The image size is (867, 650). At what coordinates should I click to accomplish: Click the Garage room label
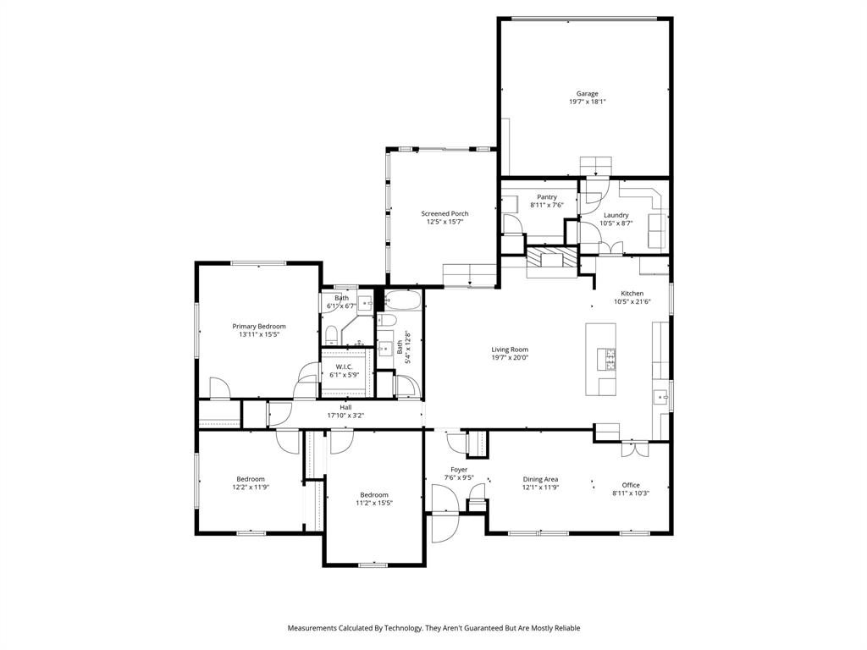587,94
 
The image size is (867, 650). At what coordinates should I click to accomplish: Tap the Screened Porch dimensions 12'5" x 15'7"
445,222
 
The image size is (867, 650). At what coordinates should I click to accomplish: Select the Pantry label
546,196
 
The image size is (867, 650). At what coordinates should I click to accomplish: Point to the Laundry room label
616,215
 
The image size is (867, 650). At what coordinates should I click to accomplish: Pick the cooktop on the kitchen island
607,360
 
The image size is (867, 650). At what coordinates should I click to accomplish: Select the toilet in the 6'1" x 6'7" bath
331,333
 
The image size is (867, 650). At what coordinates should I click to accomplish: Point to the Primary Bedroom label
259,326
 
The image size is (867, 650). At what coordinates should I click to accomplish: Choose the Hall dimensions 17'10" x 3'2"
345,416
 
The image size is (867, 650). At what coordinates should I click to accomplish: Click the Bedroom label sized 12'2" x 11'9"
251,479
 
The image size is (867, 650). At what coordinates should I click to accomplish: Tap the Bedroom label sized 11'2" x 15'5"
373,495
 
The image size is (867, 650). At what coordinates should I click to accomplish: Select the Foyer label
458,470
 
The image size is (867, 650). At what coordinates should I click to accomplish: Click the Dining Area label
539,479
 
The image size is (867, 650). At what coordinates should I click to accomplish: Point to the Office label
631,485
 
